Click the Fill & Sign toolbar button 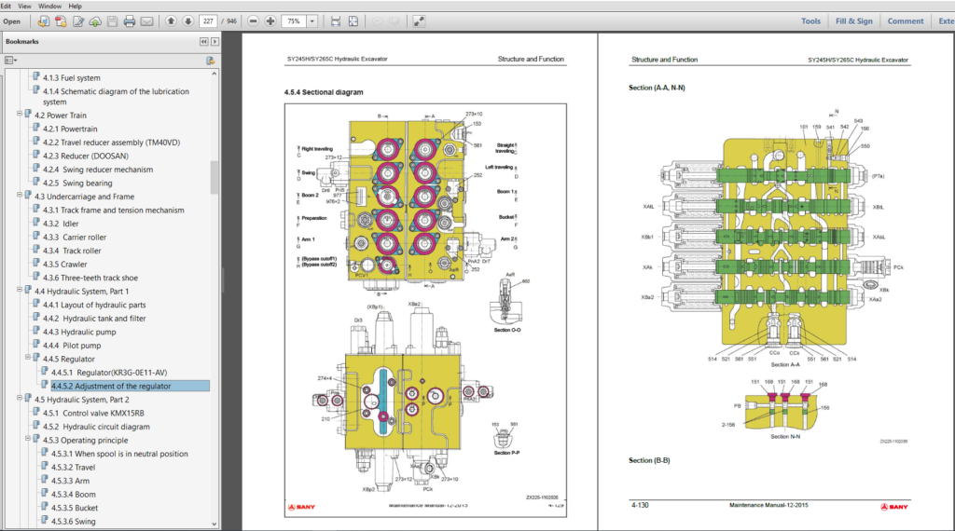[x=853, y=20]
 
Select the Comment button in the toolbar [x=905, y=20]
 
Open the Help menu [x=76, y=6]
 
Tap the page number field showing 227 [x=208, y=20]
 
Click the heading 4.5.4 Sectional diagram [x=323, y=92]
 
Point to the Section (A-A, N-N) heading [x=657, y=88]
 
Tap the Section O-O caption [x=507, y=330]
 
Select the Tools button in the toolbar [x=810, y=20]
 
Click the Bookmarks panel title [x=22, y=41]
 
